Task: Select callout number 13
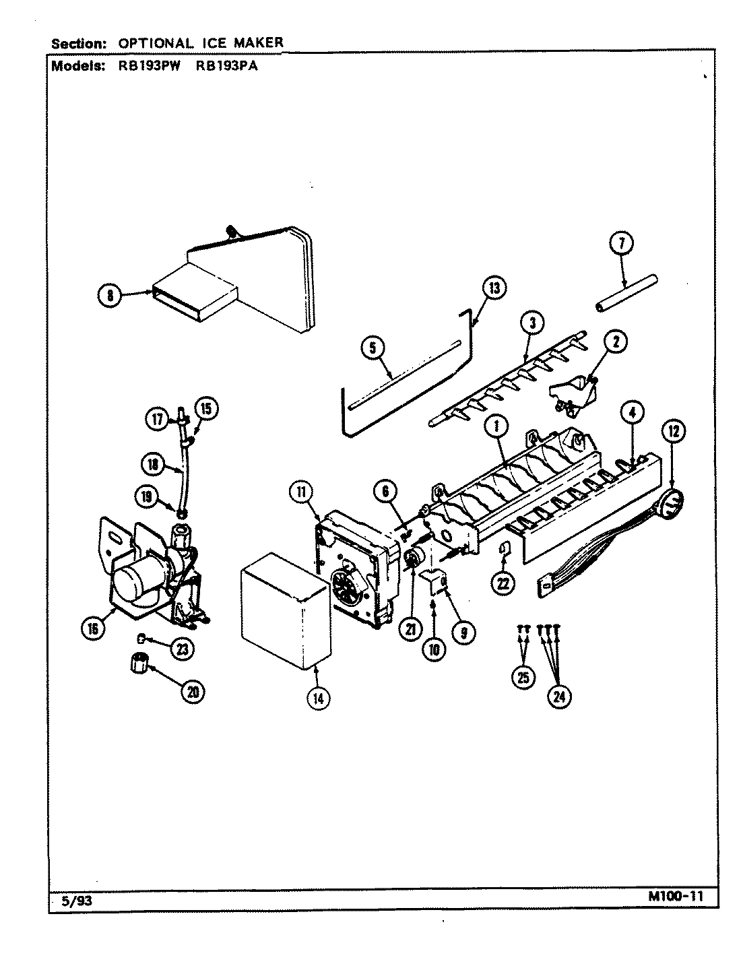[x=494, y=288]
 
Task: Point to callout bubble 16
[x=92, y=628]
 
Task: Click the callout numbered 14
[x=318, y=698]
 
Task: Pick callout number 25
[x=523, y=677]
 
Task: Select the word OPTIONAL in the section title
[x=154, y=42]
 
